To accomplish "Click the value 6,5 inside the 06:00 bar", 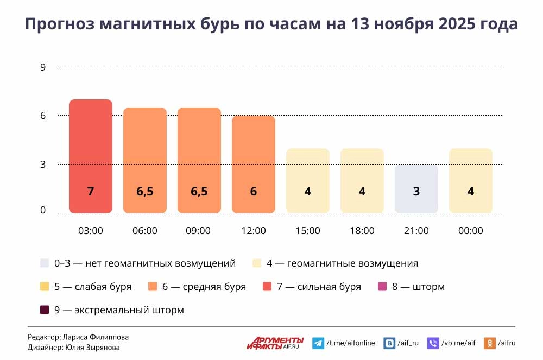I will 145,192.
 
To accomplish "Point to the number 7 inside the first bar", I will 91,192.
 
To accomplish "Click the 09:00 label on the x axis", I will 198,231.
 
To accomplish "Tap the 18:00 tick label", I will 362,231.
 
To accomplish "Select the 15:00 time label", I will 308,231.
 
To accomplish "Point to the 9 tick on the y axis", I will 43,67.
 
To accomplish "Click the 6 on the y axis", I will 43,116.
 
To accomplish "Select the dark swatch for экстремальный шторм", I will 45,310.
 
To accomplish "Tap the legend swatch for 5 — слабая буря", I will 45,287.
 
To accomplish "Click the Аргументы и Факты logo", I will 275,343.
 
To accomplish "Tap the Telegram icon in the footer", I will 318,343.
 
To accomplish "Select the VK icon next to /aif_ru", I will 389,343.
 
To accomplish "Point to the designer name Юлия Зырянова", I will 92,348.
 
